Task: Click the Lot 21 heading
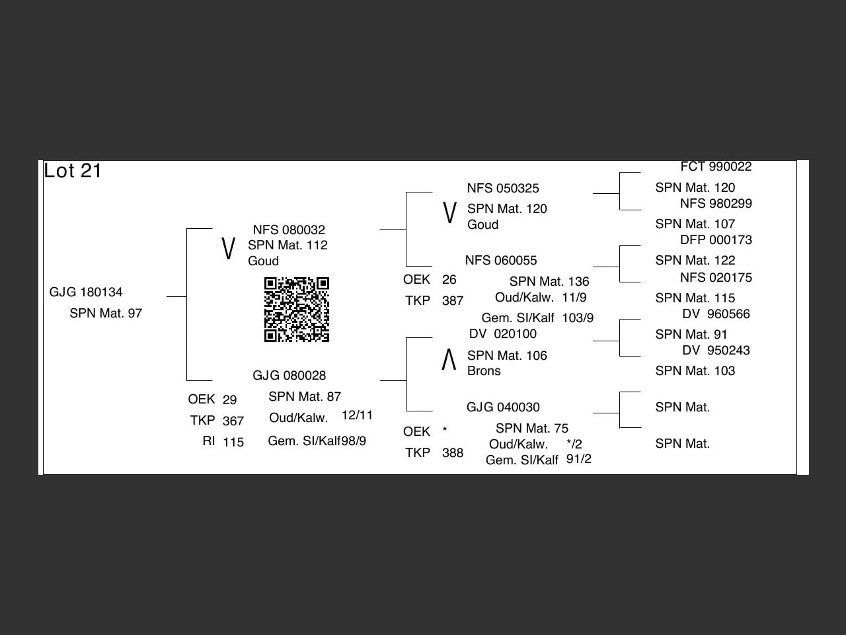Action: pos(73,171)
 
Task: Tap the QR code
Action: pos(297,310)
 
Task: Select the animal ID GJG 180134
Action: pos(86,292)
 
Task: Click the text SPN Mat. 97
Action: pos(106,314)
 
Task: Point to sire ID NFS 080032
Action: pos(289,230)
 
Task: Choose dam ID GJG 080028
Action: pos(289,376)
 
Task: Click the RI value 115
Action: pos(233,442)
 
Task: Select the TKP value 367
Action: pos(233,421)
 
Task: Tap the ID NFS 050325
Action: pos(503,189)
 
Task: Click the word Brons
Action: pos(484,371)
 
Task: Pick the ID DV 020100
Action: pos(502,334)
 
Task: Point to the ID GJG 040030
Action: pos(503,407)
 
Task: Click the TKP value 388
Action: pos(453,453)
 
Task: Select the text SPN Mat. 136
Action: pos(549,282)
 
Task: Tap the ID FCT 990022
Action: pos(716,167)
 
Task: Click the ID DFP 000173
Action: pos(716,240)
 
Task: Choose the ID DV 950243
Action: pos(716,351)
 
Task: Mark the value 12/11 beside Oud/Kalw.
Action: pos(358,415)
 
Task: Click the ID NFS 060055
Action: pos(501,261)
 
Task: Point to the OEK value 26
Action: pos(449,280)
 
